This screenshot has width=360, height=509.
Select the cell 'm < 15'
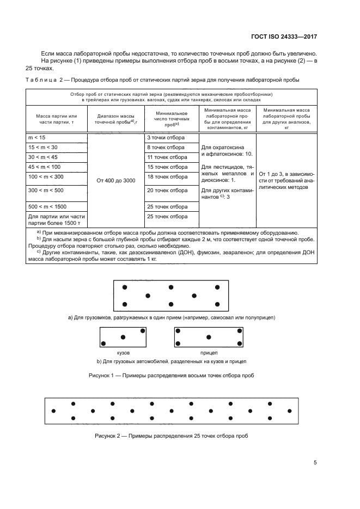coord(57,138)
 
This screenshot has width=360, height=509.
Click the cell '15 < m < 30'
coord(57,148)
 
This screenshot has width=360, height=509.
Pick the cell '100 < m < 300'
coord(57,177)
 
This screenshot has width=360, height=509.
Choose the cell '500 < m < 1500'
coord(57,207)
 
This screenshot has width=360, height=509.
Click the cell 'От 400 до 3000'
coord(115,180)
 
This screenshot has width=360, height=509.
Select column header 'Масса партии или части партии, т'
coord(57,119)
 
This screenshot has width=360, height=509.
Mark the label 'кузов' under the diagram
coord(123,353)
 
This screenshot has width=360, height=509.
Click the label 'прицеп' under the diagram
coord(209,353)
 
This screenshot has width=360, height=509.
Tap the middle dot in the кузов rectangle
coord(123,337)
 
